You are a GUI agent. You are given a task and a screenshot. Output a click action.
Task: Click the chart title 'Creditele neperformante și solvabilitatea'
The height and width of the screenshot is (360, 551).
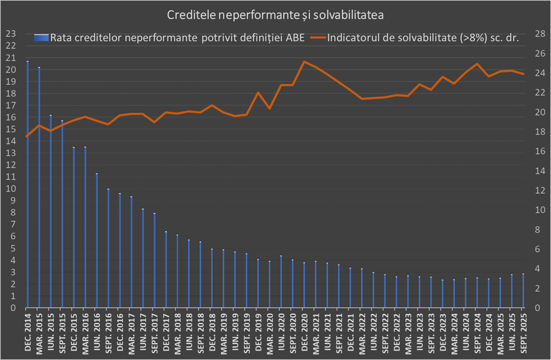[275, 15]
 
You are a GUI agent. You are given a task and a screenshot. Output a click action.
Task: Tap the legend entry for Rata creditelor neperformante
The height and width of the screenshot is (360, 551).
[169, 38]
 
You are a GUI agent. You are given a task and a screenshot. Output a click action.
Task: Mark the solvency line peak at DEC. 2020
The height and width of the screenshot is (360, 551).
[304, 61]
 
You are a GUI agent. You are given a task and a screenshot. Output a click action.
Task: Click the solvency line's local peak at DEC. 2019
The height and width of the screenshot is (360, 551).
[258, 92]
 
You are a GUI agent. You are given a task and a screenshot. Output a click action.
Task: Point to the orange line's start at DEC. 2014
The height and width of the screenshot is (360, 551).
[27, 136]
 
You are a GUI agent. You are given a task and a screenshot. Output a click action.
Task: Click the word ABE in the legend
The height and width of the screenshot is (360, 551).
[297, 38]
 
